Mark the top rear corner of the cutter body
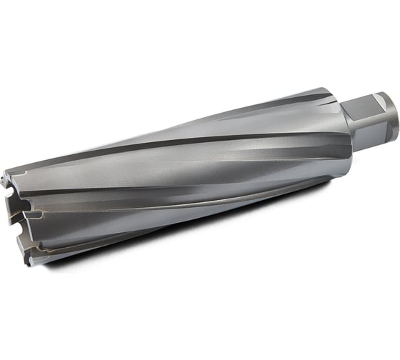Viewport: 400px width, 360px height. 330,89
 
